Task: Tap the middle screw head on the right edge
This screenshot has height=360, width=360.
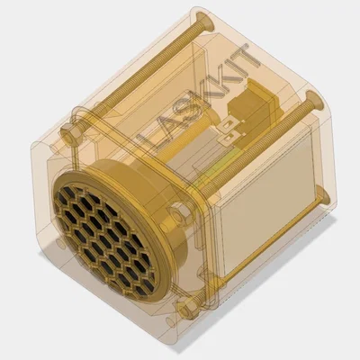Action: coord(314,96)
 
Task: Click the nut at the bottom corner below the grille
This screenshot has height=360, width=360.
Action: coord(187,310)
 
